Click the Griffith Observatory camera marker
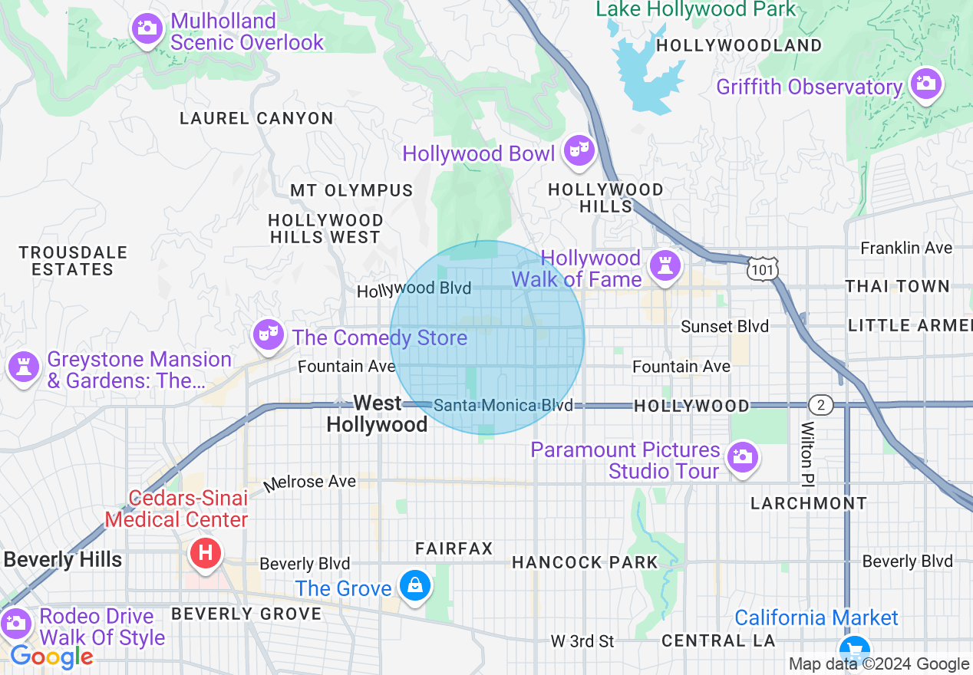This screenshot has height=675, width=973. [x=925, y=83]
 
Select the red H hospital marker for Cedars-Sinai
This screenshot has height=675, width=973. [x=205, y=552]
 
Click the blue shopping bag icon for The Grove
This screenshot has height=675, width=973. [x=415, y=586]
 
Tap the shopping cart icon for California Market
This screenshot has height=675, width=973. [x=853, y=649]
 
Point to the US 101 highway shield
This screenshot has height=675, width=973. [x=762, y=268]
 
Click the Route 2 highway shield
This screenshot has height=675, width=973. [x=820, y=404]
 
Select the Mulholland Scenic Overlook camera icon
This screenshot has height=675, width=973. [x=147, y=29]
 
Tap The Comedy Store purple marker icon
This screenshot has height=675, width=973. [x=268, y=334]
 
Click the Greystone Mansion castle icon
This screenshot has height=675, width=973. [x=23, y=367]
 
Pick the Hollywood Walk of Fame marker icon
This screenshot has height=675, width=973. [x=664, y=265]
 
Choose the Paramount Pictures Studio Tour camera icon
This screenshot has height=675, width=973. [x=742, y=457]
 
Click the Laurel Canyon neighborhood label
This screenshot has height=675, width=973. [x=256, y=118]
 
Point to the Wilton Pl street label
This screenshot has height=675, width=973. [x=806, y=453]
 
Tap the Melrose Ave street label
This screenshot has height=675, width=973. [x=310, y=482]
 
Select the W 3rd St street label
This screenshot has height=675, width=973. [x=583, y=640]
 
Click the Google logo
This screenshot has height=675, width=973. [x=51, y=657]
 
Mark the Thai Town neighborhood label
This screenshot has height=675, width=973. [x=897, y=286]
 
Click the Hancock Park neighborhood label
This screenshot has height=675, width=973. [x=585, y=562]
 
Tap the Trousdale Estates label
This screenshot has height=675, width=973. [x=73, y=261]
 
